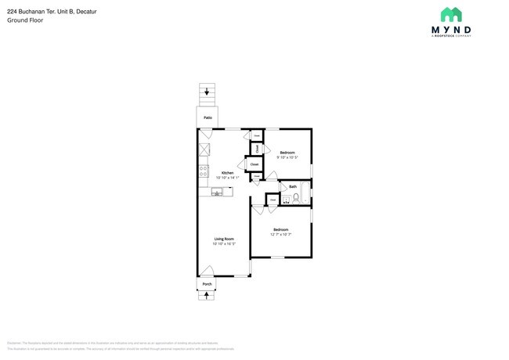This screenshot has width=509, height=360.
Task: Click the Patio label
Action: (x=208, y=117)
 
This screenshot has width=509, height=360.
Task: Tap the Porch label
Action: (x=208, y=284)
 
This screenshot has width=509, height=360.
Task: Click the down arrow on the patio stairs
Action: (x=208, y=92)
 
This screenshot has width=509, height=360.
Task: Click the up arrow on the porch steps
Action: (x=208, y=295)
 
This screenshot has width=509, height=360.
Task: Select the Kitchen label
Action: (x=227, y=173)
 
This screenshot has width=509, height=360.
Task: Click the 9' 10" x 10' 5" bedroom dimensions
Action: (x=287, y=157)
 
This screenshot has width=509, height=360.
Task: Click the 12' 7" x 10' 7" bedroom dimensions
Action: (x=280, y=234)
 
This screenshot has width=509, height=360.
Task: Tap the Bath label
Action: (x=293, y=186)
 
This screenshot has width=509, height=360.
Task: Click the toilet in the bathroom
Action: (x=296, y=198)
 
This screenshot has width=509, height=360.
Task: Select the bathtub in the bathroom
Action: (x=307, y=192)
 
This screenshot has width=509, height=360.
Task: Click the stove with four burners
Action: (x=204, y=169)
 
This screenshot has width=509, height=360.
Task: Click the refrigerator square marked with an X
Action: (x=204, y=149)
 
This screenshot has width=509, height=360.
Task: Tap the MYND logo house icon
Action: (x=450, y=14)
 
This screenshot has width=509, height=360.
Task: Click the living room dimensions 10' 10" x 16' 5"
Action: (x=224, y=244)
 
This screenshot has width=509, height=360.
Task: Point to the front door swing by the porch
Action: (x=207, y=271)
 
